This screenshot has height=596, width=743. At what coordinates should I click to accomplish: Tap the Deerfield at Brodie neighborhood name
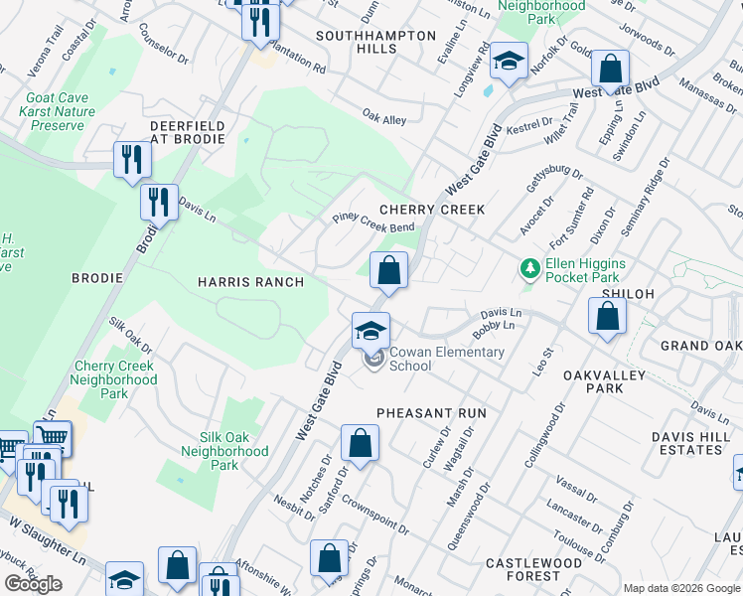tap(188, 133)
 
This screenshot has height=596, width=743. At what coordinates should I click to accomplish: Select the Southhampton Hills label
tap(376, 42)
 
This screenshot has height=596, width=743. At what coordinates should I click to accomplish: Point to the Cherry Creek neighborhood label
tap(432, 210)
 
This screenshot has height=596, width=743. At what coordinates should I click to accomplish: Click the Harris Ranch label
tap(250, 282)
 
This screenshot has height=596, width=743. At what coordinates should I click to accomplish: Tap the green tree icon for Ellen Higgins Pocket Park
tap(528, 268)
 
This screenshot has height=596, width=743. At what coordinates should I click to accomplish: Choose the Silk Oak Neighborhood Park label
tap(224, 451)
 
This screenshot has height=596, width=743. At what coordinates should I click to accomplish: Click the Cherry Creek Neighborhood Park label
tap(115, 379)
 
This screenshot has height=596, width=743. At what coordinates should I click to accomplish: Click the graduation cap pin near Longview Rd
tap(508, 63)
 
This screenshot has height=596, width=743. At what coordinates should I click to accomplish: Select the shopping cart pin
tap(52, 435)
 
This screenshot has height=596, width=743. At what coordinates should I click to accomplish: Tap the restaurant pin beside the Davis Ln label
tap(159, 202)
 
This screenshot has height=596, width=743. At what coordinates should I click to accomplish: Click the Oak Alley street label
tap(384, 118)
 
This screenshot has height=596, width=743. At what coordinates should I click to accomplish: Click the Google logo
tap(33, 583)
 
